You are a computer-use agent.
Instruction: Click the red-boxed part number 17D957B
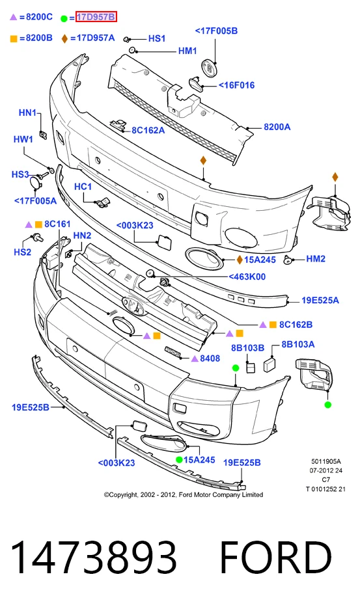click(x=96, y=17)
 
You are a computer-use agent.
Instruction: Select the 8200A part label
click(x=277, y=127)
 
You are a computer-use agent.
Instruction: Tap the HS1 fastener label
click(x=157, y=38)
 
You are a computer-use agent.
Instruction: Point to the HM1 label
click(x=187, y=51)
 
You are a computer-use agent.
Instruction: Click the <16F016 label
click(x=236, y=85)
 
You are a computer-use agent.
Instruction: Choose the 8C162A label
click(x=148, y=131)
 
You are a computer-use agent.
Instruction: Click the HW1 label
click(x=23, y=139)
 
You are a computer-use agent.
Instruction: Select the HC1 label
click(x=83, y=187)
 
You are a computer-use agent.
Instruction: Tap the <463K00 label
click(x=247, y=277)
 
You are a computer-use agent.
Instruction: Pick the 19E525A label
click(x=320, y=300)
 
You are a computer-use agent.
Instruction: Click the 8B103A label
click(x=298, y=344)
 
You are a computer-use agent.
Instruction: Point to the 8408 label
click(x=210, y=359)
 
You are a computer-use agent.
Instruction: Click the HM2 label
click(x=316, y=259)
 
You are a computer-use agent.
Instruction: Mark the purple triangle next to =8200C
click(x=14, y=17)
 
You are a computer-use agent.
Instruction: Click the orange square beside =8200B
click(x=14, y=38)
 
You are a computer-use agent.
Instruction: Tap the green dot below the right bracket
click(x=327, y=405)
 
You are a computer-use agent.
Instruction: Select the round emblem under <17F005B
click(x=209, y=68)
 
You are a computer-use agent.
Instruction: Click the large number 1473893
click(x=93, y=557)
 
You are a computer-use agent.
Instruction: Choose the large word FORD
click(x=275, y=557)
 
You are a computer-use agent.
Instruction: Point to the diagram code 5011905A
click(x=325, y=461)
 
